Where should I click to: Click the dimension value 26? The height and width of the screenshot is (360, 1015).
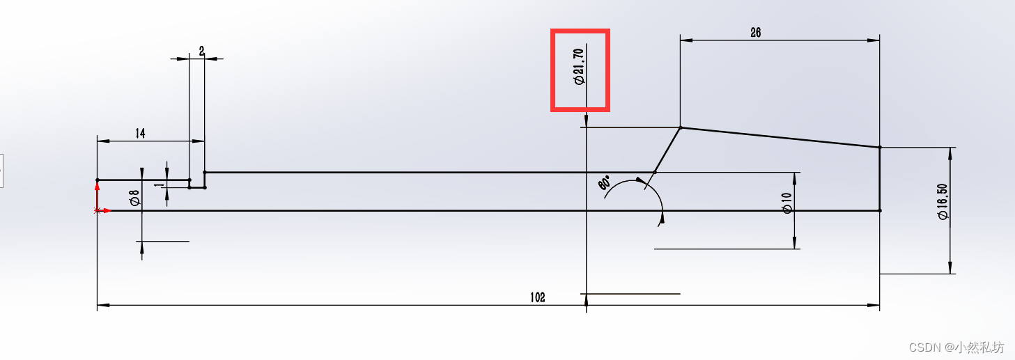pos(755,32)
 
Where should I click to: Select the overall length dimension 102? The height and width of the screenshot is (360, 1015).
pos(537,297)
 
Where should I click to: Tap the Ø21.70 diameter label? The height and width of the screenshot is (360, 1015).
pos(579,67)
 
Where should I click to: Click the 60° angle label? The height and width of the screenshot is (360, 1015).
pos(604,184)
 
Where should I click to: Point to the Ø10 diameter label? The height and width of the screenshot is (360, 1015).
pos(787,203)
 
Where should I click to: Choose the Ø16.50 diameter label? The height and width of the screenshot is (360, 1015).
pos(943,202)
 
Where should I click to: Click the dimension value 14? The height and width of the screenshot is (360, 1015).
pos(140,134)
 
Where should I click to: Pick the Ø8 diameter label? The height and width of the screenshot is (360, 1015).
pos(134,198)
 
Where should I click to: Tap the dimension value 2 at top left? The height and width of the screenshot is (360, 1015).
pos(201,51)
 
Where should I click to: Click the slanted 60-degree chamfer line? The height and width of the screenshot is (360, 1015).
pos(667,150)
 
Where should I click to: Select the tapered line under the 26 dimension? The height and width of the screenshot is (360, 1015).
pos(780,137)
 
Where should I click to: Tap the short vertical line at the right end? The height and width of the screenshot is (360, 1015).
pos(880,179)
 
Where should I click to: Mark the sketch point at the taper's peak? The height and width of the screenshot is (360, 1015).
pos(681,127)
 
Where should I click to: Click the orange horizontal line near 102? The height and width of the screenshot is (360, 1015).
pos(631,294)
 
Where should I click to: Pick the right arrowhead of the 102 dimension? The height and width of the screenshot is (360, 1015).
pos(874,304)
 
